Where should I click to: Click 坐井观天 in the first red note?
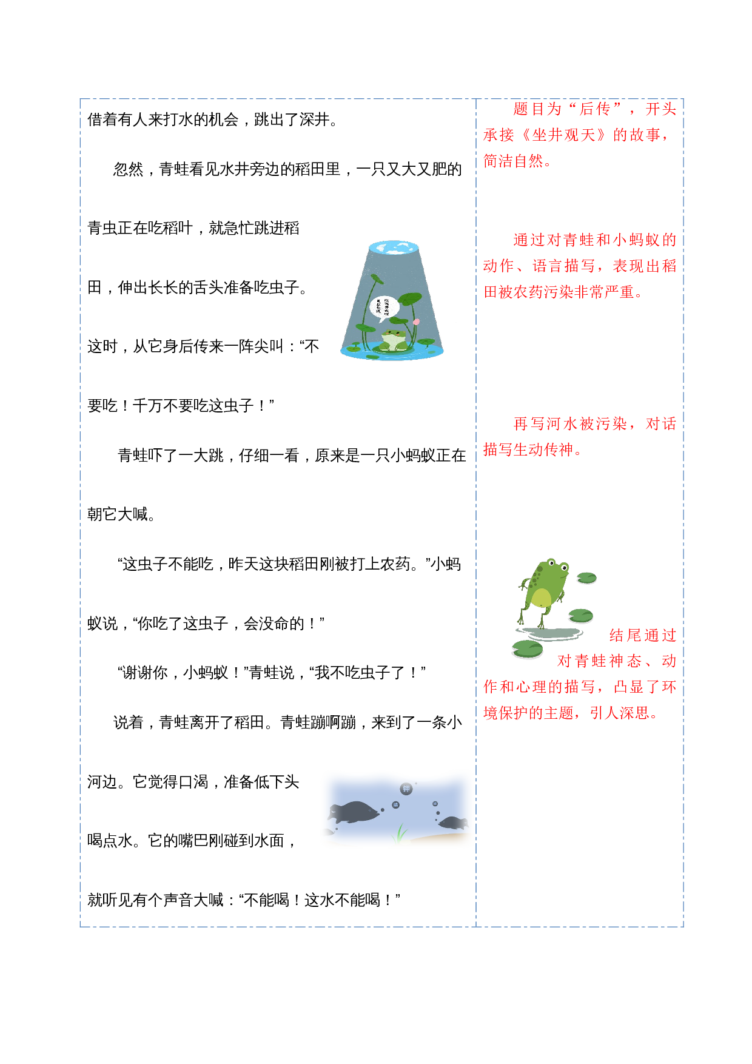[563, 135]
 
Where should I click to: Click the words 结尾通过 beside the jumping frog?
[642, 635]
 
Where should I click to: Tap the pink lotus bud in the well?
[416, 322]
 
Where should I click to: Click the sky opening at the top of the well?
[394, 247]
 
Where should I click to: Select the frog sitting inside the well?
[394, 340]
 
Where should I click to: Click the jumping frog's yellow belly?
[541, 598]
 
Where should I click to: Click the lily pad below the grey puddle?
[528, 649]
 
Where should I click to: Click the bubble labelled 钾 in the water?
[406, 789]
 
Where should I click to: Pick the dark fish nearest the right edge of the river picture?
[454, 823]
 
